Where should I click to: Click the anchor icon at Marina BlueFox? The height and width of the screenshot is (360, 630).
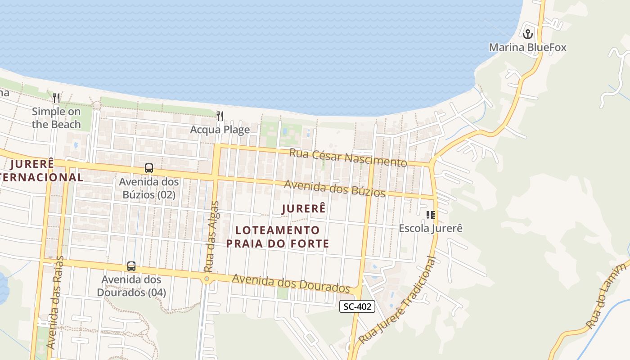[x=527, y=34]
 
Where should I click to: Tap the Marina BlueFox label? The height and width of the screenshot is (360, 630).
[x=527, y=47]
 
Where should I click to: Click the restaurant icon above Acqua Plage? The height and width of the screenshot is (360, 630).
[x=220, y=116]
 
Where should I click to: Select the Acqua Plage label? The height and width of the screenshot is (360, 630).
[x=220, y=130]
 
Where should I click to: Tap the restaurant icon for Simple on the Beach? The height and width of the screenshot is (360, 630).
[x=56, y=98]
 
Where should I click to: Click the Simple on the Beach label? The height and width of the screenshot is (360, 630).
[x=56, y=118]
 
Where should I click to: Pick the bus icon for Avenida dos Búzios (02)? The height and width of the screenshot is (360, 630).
[x=149, y=169]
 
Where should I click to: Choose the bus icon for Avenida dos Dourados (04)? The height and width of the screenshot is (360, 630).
[x=131, y=266]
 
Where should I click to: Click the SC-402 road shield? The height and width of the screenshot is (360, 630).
[x=357, y=307]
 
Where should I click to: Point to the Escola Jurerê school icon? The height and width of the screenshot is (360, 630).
[x=431, y=215]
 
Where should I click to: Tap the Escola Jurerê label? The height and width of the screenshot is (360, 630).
[x=431, y=228]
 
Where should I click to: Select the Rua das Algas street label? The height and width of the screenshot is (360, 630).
[x=211, y=236]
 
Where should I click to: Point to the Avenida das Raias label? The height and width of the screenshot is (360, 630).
[x=55, y=302]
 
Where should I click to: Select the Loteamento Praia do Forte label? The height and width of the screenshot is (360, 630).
[x=278, y=237]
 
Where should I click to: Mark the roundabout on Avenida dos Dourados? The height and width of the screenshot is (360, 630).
[x=207, y=279]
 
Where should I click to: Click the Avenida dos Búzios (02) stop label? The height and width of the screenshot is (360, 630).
[x=148, y=189]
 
